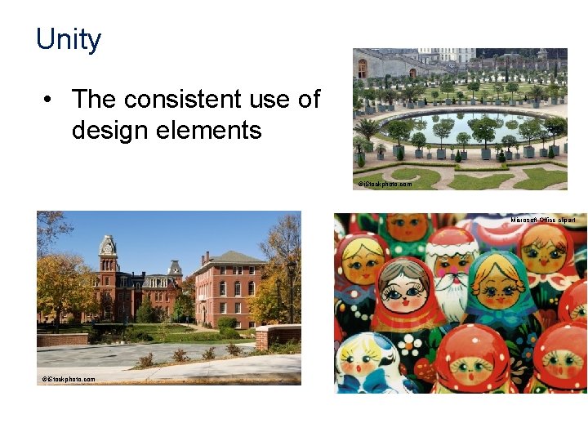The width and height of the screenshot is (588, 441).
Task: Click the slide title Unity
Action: coord(69,39)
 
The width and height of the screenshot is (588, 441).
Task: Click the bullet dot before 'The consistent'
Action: coord(51,100)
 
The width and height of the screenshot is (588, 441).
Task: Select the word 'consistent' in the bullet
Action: coord(182,100)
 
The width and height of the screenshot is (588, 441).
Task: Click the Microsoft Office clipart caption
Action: coord(543,220)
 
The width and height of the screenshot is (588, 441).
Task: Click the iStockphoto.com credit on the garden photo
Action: coord(385,184)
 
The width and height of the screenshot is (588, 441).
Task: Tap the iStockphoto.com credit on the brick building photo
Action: coord(69,379)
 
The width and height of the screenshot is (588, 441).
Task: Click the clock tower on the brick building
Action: coord(108,253)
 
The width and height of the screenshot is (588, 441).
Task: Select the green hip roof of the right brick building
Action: coord(230,258)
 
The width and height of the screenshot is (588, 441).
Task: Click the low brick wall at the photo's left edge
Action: coord(62,338)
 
